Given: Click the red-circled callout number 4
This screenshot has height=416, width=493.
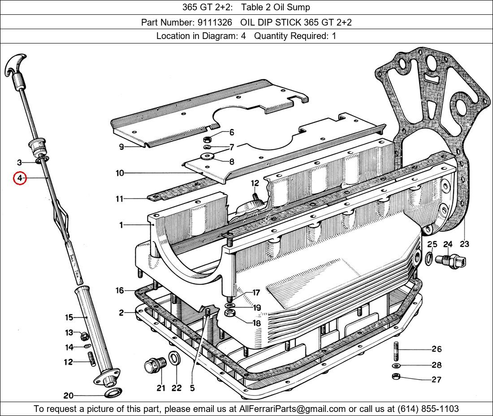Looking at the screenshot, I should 20,178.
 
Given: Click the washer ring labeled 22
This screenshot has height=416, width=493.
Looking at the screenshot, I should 174,359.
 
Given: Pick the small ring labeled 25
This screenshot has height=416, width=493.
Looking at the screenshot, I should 429,258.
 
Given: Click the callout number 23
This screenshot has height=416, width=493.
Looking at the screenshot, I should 464,244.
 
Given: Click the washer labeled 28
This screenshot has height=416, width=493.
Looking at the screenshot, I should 396,365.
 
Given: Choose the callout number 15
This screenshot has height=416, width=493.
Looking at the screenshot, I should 69,318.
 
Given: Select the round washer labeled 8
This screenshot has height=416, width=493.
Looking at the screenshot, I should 207,156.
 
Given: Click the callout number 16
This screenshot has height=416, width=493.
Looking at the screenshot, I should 119,291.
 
